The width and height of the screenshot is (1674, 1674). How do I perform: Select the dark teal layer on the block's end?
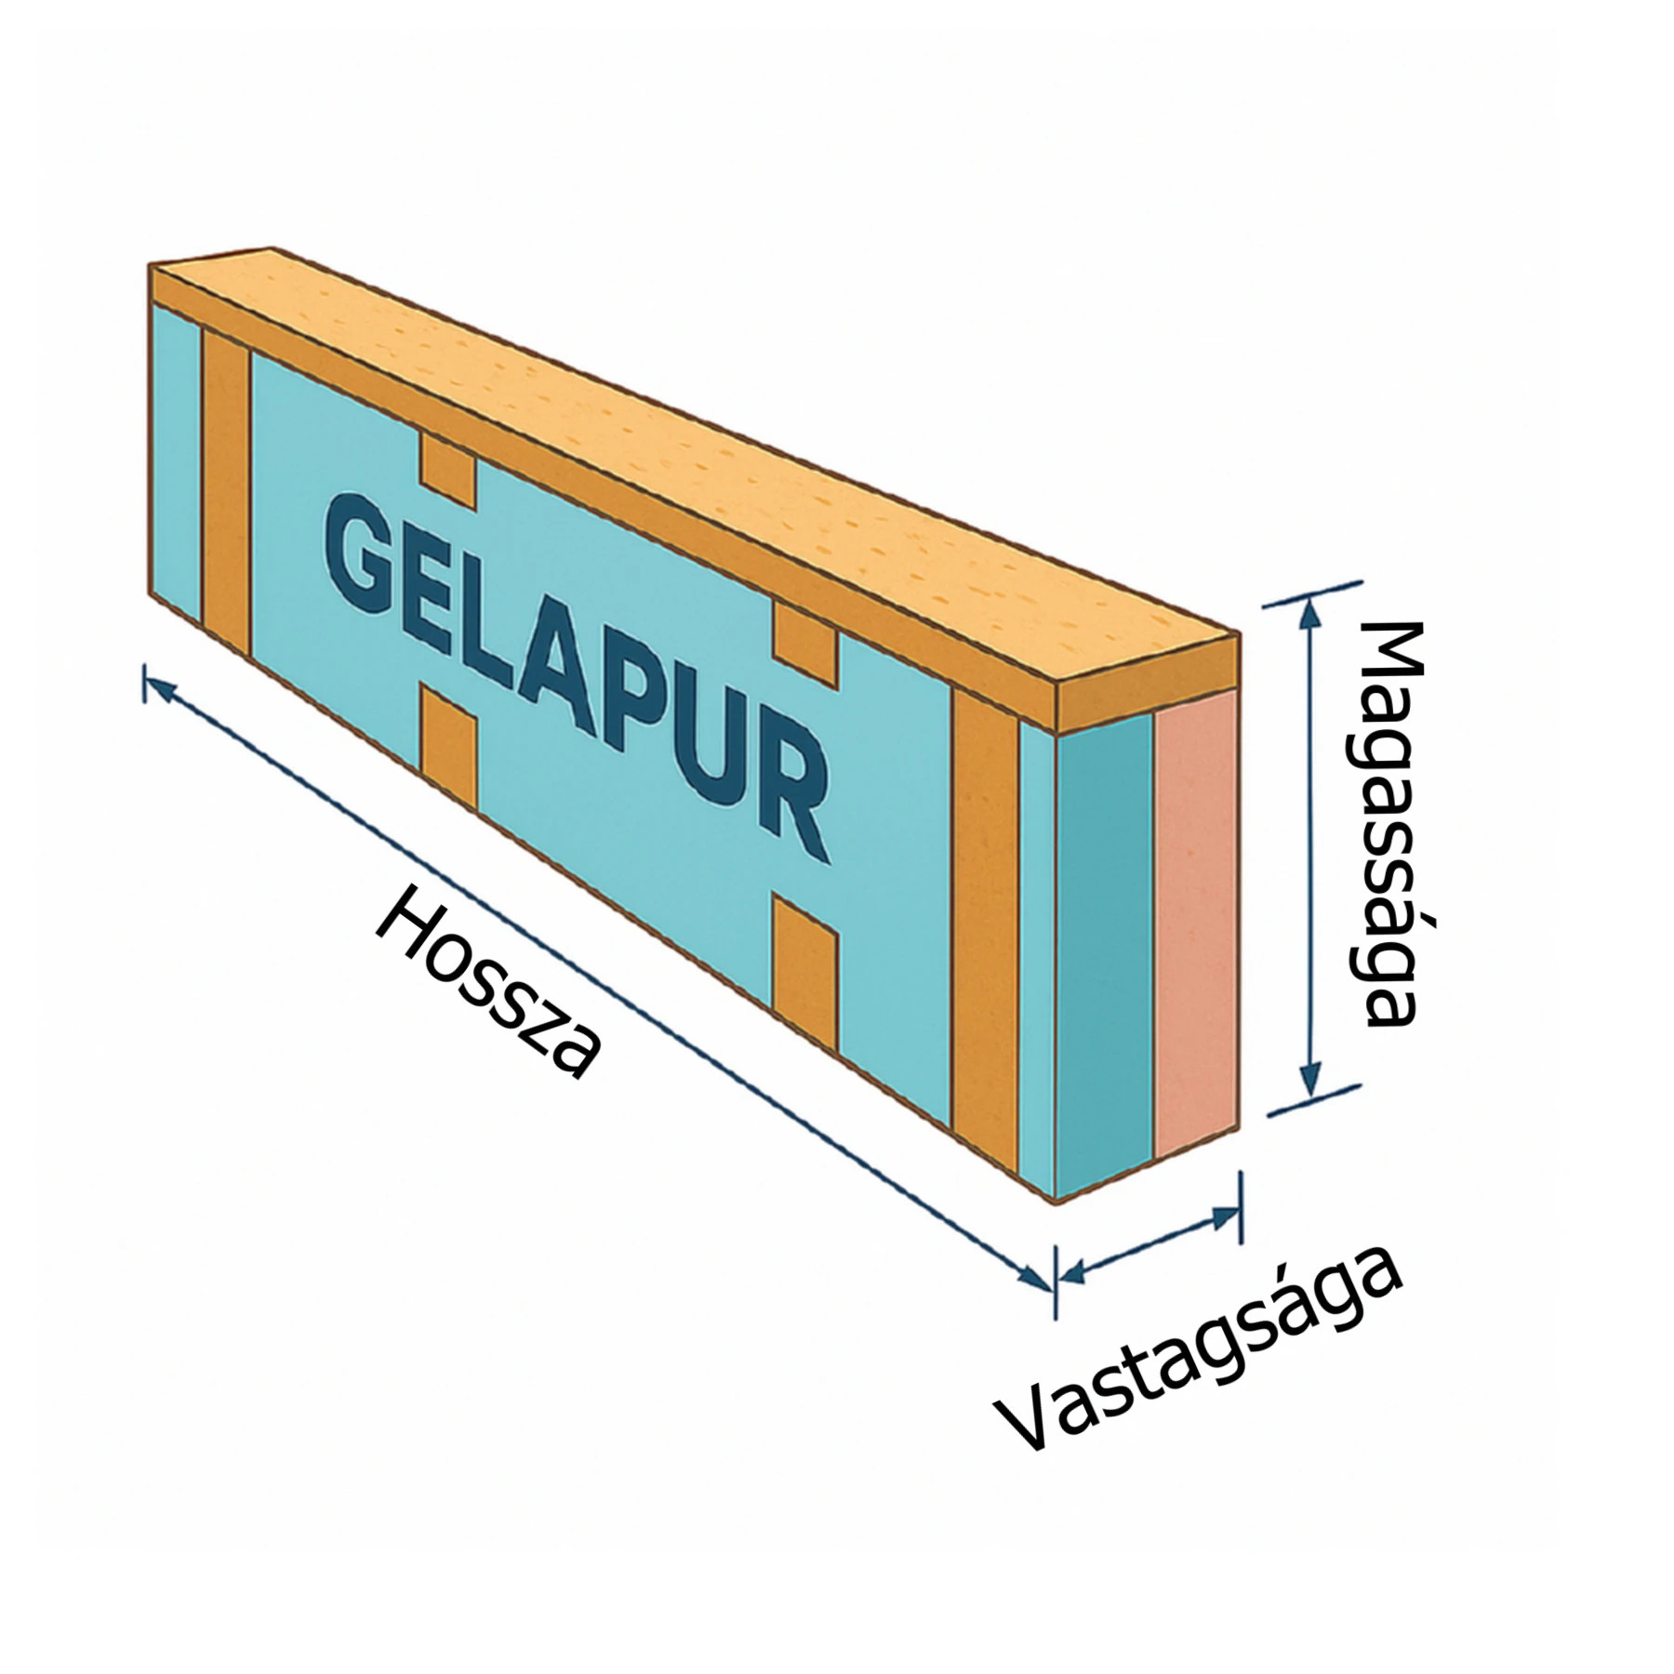tap(1105, 949)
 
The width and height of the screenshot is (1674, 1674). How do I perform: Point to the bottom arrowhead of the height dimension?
tap(1310, 1084)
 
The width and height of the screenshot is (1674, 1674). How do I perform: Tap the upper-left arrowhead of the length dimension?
tap(160, 688)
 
